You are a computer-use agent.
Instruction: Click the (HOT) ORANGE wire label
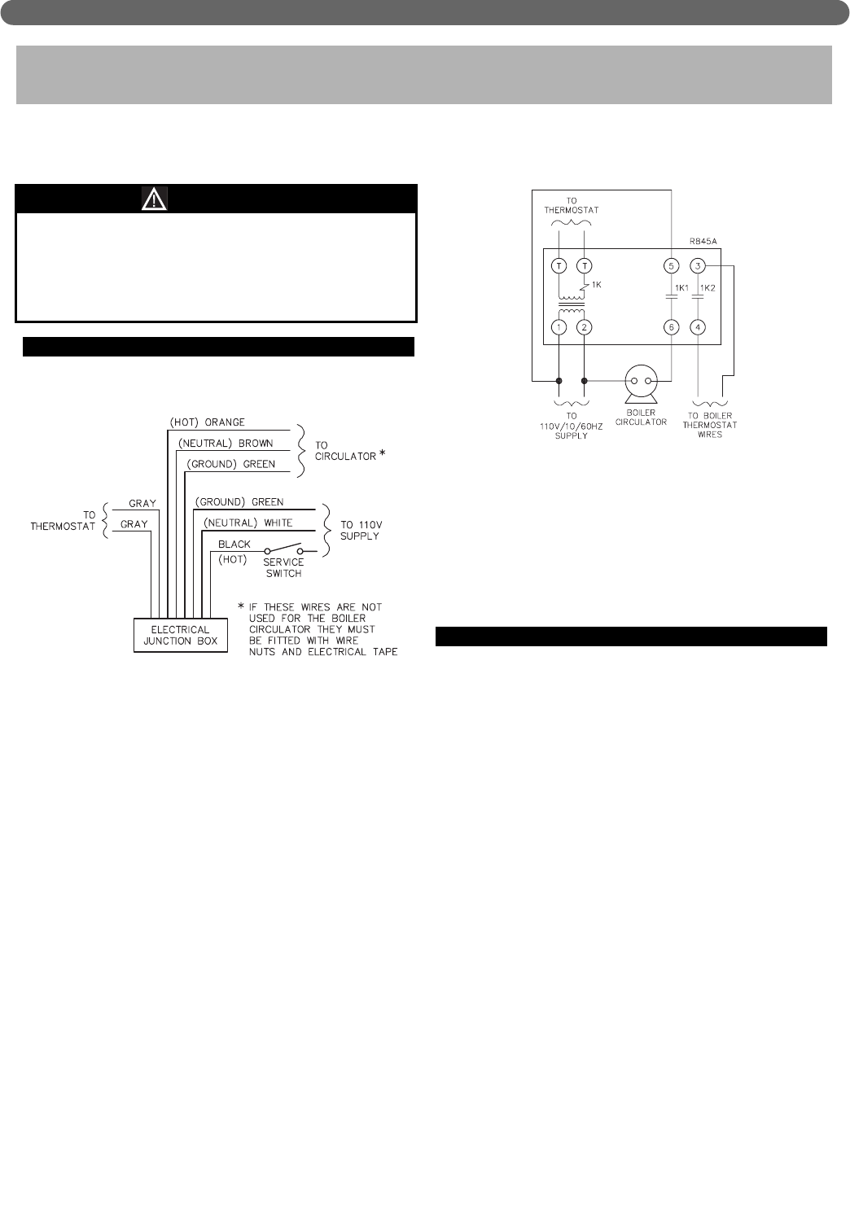click(207, 422)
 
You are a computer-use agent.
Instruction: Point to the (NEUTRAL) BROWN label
click(225, 444)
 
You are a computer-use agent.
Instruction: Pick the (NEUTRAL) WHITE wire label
click(248, 523)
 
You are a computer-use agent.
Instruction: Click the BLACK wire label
click(234, 544)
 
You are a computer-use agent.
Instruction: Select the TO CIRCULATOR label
click(345, 451)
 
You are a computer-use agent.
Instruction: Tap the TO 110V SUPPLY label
click(360, 531)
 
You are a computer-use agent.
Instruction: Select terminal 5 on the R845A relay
click(672, 265)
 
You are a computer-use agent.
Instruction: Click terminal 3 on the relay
click(698, 265)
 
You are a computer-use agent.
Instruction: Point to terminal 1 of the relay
click(559, 327)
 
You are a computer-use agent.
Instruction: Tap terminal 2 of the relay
click(585, 327)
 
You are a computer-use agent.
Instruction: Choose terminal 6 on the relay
click(672, 327)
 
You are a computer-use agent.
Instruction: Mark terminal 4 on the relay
click(698, 327)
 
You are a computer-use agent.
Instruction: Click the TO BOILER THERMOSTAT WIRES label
click(710, 425)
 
